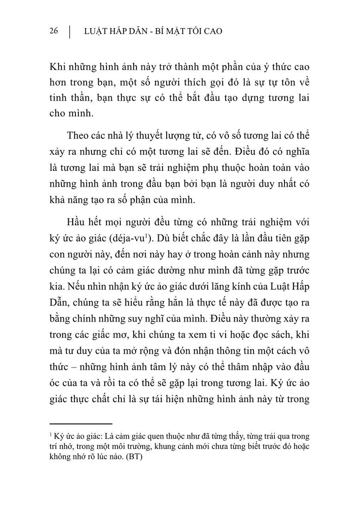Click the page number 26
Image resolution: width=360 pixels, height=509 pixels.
pos(54,31)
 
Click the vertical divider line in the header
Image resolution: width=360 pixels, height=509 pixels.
pos(70,32)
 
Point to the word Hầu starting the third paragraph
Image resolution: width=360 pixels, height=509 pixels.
pos(77,222)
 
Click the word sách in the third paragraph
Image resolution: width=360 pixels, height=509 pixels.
pos(273,334)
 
